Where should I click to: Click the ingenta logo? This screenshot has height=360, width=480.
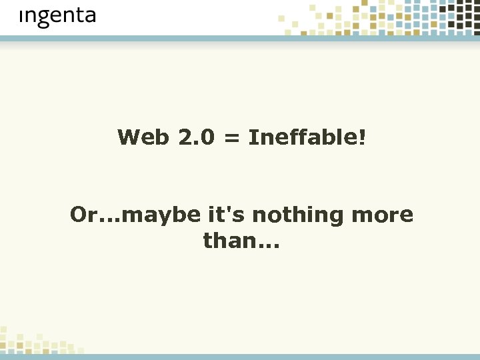tap(57, 16)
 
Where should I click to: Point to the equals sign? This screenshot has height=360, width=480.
tap(231, 139)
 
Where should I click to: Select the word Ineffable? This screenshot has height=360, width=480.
tap(307, 138)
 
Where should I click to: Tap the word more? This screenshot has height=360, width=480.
tap(382, 215)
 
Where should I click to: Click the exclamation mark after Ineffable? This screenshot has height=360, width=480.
tap(362, 138)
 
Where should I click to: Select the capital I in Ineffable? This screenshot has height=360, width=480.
tap(253, 138)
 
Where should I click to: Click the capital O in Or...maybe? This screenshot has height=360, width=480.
tap(79, 215)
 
